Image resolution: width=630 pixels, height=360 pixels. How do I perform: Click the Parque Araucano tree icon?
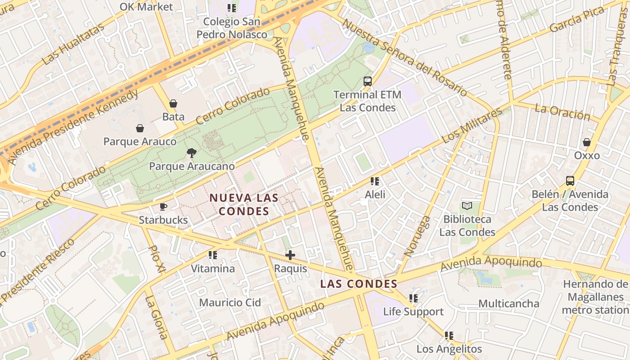pyautogui.click(x=191, y=153)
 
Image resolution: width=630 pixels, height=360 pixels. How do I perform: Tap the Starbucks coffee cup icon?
pyautogui.click(x=163, y=207)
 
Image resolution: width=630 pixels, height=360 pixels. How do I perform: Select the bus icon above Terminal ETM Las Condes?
pyautogui.click(x=368, y=81)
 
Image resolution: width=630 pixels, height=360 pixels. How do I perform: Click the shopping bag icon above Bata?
pyautogui.click(x=173, y=103)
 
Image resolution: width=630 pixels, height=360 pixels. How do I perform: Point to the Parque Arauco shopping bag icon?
pyautogui.click(x=140, y=128)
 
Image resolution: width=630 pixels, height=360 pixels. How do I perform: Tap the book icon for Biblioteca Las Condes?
pyautogui.click(x=467, y=206)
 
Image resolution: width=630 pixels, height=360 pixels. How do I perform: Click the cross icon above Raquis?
pyautogui.click(x=290, y=255)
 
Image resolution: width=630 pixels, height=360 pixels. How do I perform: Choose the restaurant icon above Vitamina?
pyautogui.click(x=213, y=255)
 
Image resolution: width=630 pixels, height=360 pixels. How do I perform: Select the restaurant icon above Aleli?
pyautogui.click(x=375, y=181)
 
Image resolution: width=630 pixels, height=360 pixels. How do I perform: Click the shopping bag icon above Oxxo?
pyautogui.click(x=587, y=142)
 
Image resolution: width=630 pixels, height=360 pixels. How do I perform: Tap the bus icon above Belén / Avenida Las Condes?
pyautogui.click(x=570, y=181)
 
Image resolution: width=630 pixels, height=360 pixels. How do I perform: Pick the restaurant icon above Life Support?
pyautogui.click(x=413, y=298)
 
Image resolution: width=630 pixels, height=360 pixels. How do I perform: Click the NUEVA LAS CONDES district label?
pyautogui.click(x=244, y=204)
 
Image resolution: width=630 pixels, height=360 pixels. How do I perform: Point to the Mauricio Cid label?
pyautogui.click(x=230, y=302)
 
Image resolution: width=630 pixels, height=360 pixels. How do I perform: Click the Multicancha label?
pyautogui.click(x=508, y=303)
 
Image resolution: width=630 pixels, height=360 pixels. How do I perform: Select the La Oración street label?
pyautogui.click(x=562, y=112)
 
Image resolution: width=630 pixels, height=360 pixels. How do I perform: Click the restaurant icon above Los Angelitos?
pyautogui.click(x=449, y=335)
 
